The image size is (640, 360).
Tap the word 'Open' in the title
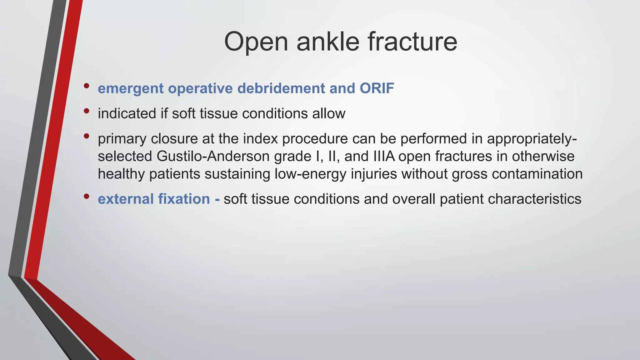(x=256, y=42)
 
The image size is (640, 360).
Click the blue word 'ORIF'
(x=377, y=88)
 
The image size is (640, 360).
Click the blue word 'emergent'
(x=130, y=88)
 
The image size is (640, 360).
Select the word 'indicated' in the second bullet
(x=127, y=113)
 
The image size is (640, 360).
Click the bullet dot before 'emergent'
(x=87, y=86)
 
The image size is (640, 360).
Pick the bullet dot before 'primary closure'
(x=87, y=136)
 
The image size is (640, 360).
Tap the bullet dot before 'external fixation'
(x=87, y=197)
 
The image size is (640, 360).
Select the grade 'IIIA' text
(x=384, y=156)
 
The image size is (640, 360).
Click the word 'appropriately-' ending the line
(x=532, y=139)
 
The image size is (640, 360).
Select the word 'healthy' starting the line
(x=122, y=174)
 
